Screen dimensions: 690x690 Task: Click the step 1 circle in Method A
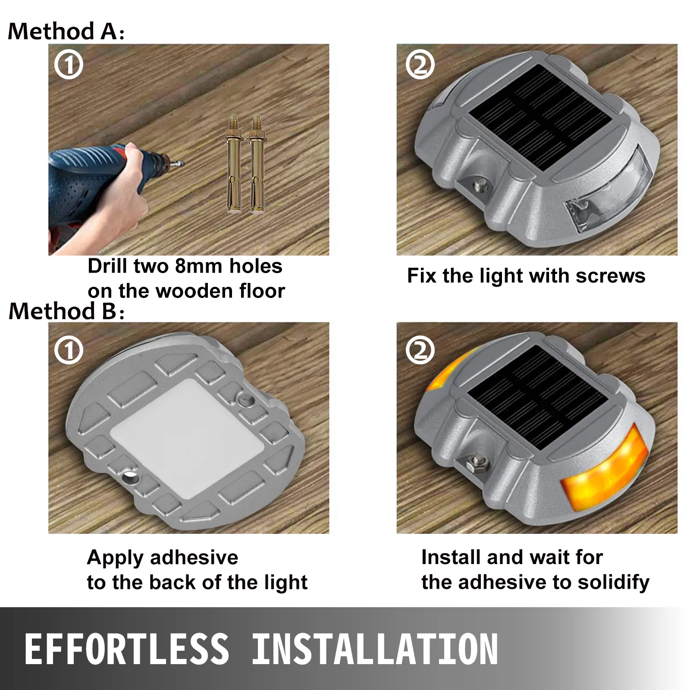[x=69, y=65]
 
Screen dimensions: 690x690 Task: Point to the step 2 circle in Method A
[x=420, y=65]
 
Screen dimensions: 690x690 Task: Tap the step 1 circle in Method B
[x=69, y=350]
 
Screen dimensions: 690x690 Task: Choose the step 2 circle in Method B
[x=420, y=350]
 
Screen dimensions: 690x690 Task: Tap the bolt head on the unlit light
[x=479, y=186]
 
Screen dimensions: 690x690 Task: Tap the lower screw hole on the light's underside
[x=129, y=477]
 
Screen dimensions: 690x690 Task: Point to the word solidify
[x=613, y=583]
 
